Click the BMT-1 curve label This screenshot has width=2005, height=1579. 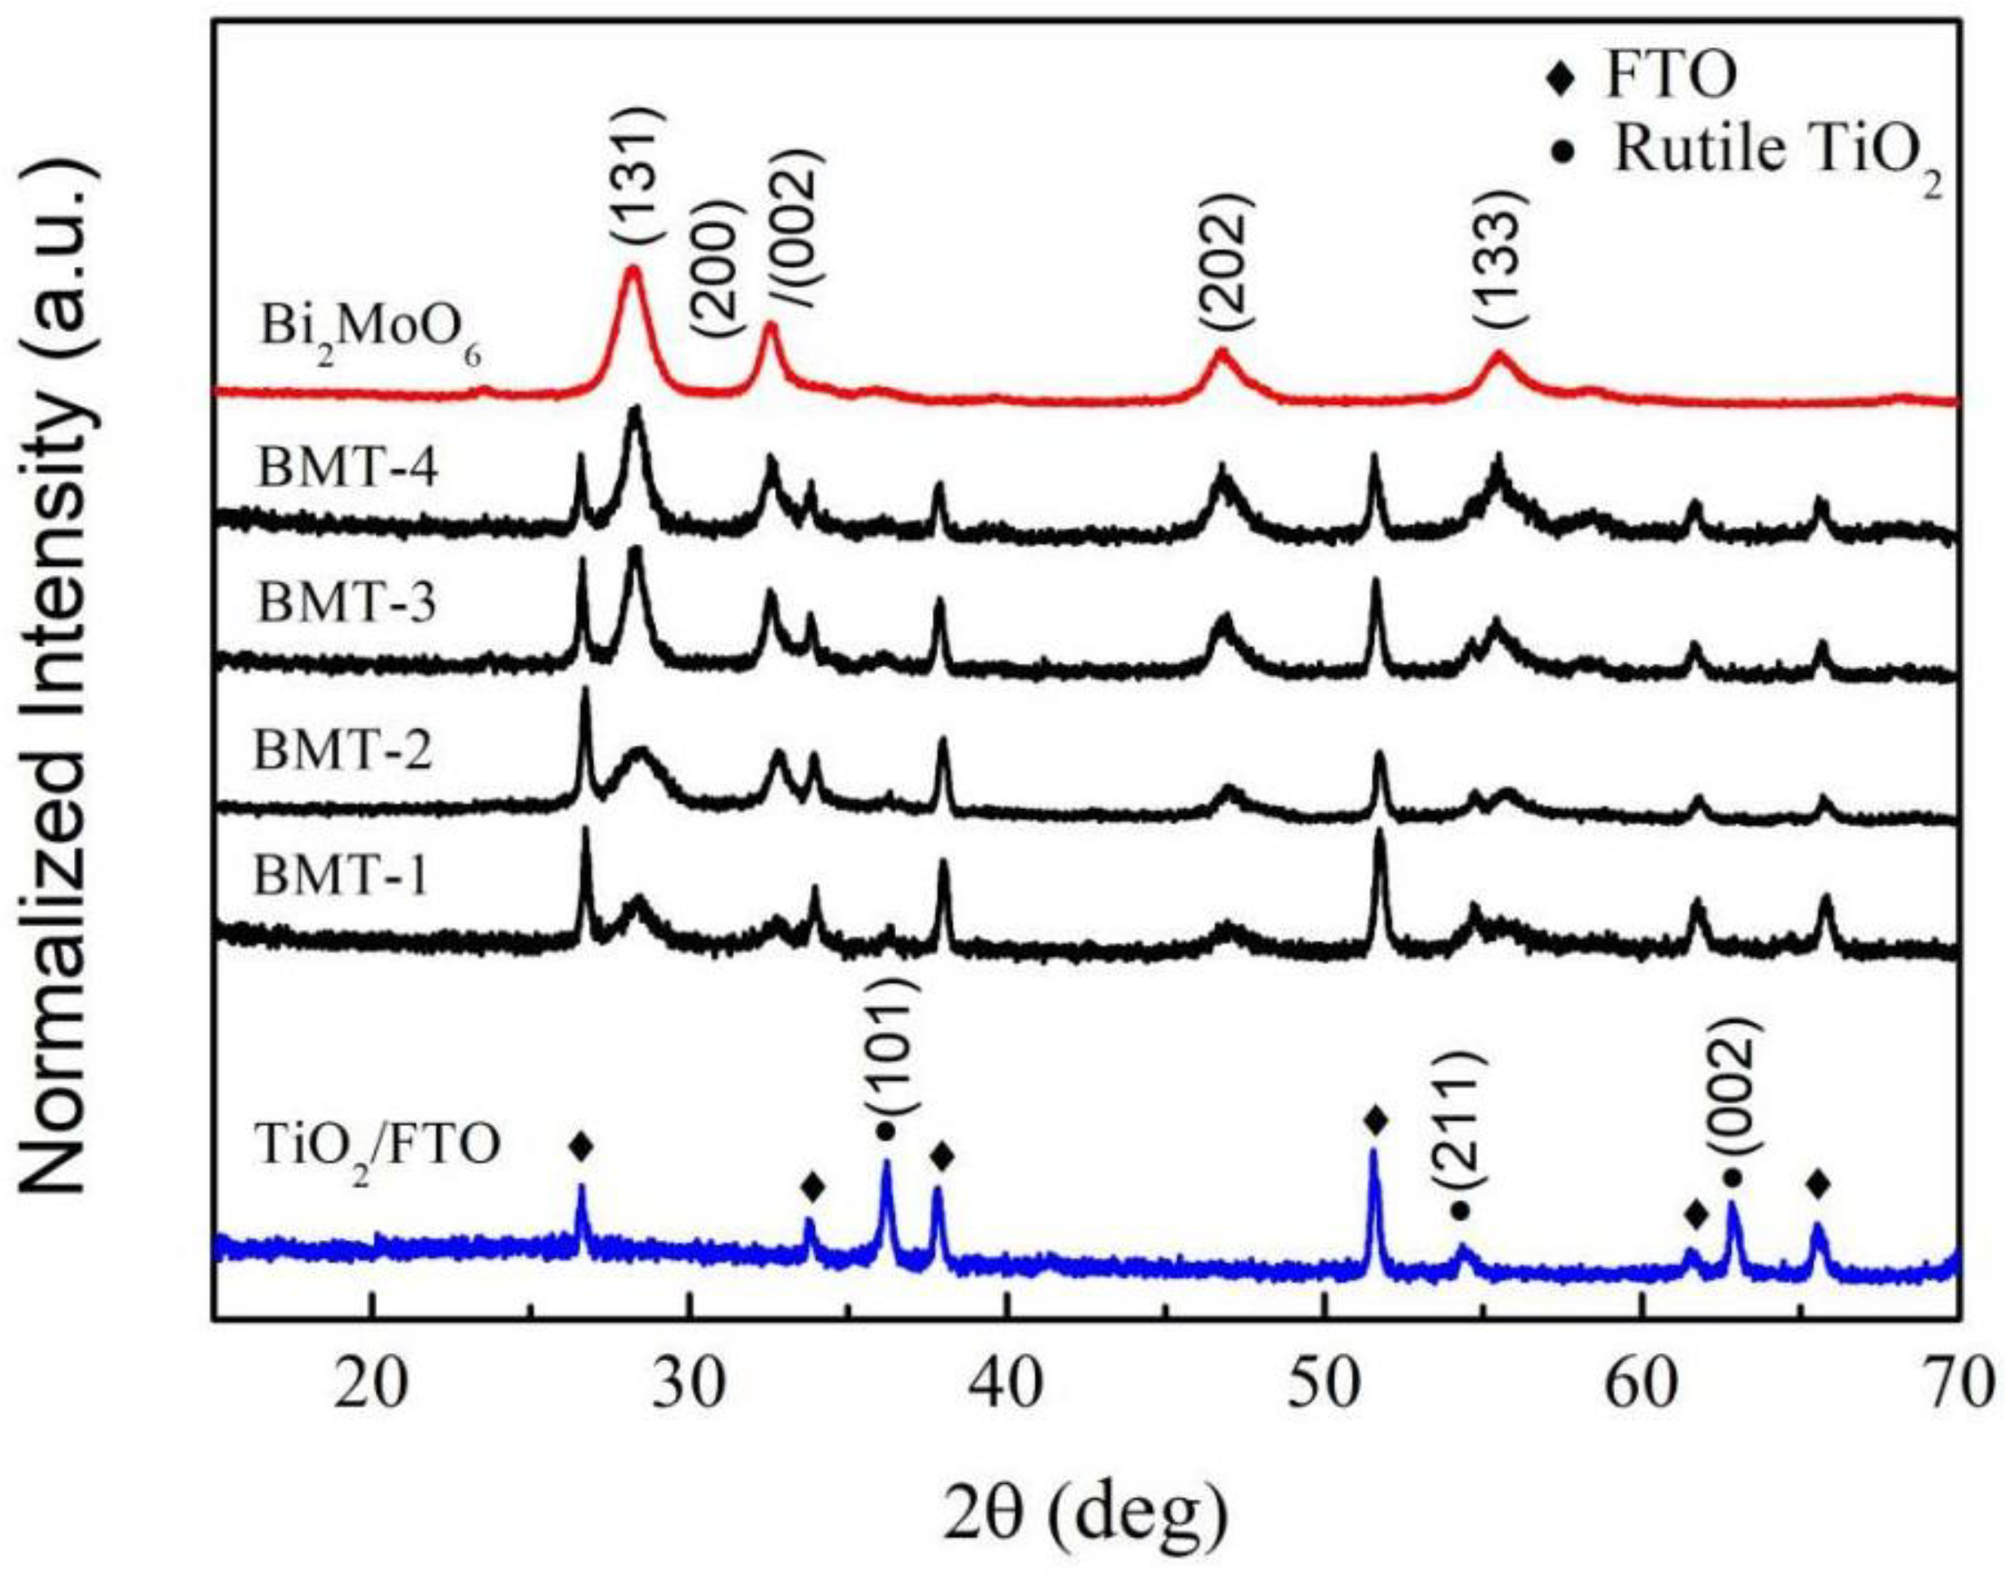click(x=342, y=876)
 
